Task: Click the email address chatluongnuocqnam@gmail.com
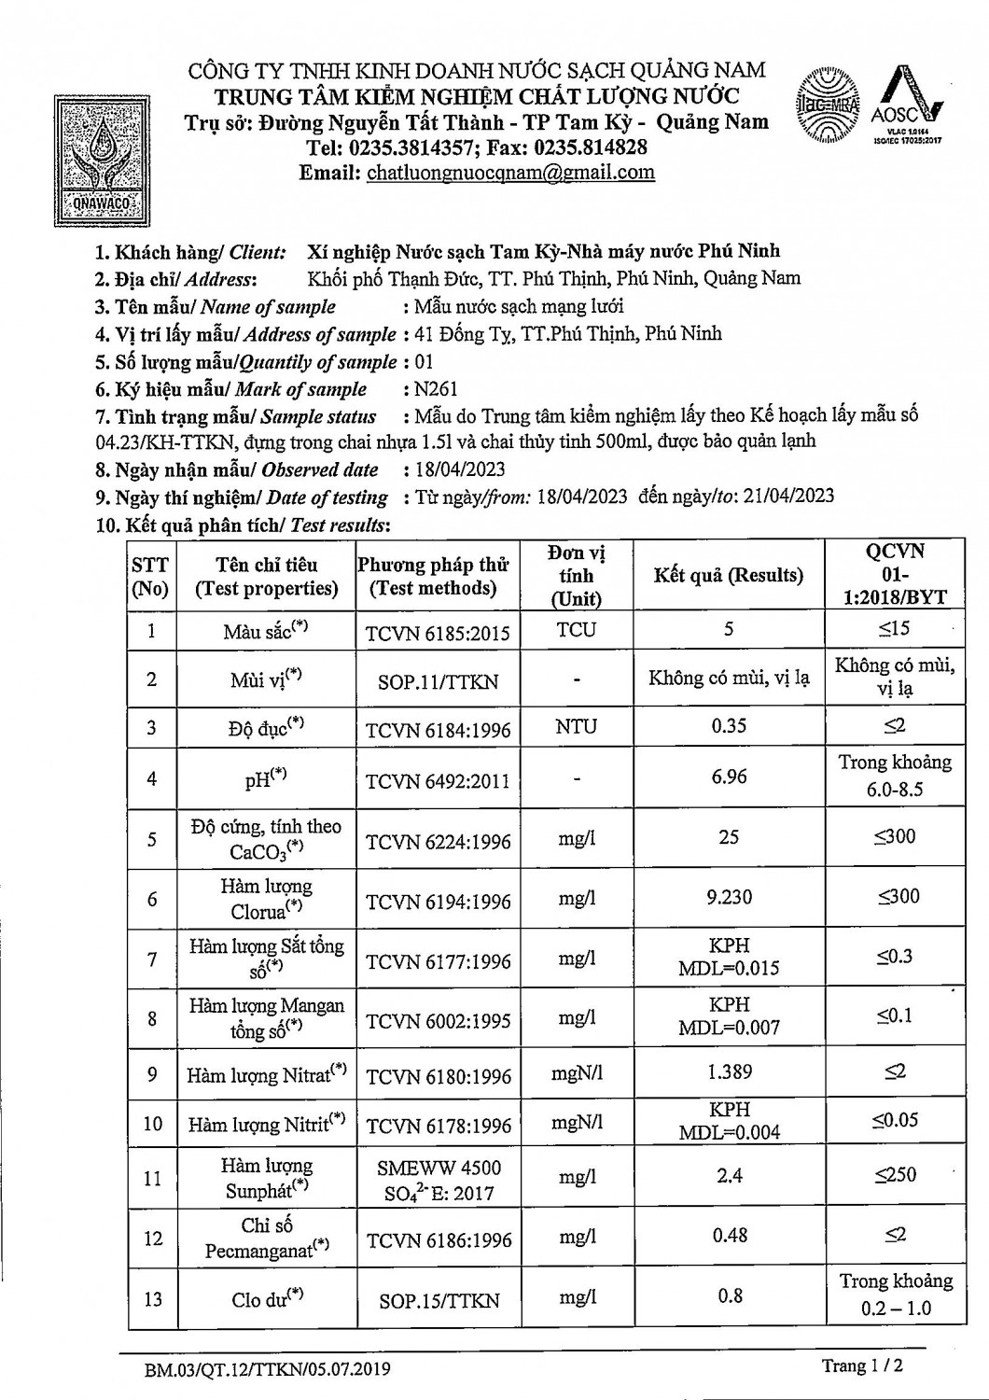point(510,173)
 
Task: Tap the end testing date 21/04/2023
point(787,497)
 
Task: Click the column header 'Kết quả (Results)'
point(728,576)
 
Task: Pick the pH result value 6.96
point(728,777)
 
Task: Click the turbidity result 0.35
point(728,726)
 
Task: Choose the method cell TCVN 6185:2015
point(438,633)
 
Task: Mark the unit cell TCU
point(576,630)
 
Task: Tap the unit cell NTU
point(576,726)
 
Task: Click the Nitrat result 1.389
point(729,1072)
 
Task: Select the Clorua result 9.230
point(729,898)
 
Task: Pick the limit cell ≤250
point(895,1175)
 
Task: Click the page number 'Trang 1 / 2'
point(862,1366)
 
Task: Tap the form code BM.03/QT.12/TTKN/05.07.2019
point(267,1370)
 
